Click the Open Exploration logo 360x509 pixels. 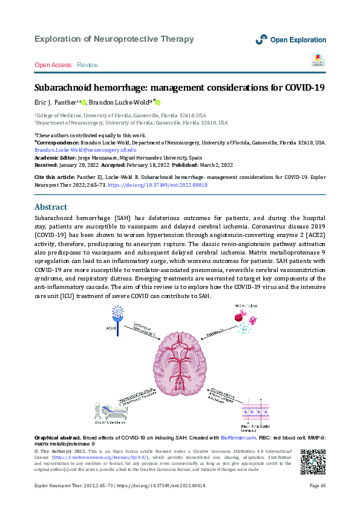click(x=290, y=39)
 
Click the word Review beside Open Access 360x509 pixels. click(x=87, y=65)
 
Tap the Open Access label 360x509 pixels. click(x=53, y=65)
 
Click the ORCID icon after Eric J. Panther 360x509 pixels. click(x=84, y=103)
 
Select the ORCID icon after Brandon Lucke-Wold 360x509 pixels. click(x=159, y=103)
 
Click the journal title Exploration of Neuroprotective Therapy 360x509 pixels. click(x=114, y=39)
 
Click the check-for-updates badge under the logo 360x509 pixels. click(x=318, y=59)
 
